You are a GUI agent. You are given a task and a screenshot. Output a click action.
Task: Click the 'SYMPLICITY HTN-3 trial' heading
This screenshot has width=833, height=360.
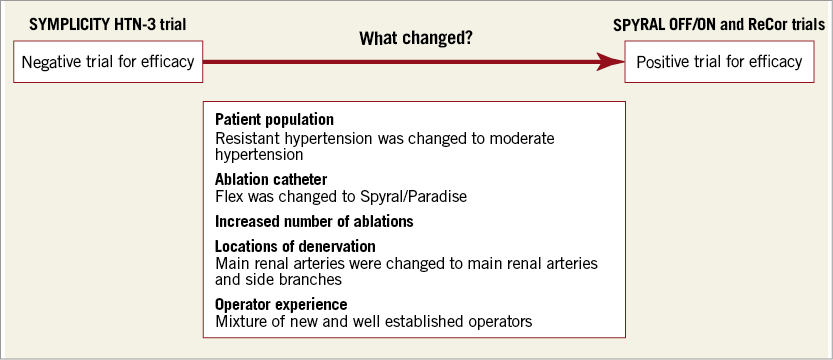107,24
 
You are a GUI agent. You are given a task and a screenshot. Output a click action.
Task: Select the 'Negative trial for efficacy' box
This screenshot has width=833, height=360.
108,62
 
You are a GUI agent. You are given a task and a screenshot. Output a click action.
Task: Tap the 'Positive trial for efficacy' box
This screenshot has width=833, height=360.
719,62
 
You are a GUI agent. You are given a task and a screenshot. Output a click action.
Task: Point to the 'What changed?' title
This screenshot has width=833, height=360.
416,39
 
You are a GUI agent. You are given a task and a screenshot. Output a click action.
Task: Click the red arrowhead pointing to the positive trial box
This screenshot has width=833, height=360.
611,62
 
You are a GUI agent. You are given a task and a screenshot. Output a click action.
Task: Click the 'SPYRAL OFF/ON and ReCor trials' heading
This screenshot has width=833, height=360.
719,24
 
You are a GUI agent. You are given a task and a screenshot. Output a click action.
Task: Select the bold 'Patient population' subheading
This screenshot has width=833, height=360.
274,119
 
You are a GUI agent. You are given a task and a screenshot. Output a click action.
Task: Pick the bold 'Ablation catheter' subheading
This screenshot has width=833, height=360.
271,179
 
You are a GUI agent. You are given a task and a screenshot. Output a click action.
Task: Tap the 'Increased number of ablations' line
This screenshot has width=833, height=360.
314,221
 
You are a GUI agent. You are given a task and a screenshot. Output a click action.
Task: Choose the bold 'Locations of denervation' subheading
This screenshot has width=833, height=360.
295,246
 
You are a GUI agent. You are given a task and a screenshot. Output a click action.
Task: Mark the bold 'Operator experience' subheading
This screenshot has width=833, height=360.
281,304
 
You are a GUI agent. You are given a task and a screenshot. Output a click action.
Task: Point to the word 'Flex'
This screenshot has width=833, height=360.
228,196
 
